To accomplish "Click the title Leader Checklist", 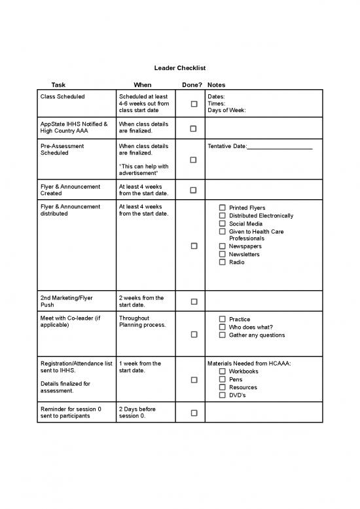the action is click(179, 68).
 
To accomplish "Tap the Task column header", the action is click(58, 85).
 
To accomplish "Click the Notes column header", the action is click(216, 85).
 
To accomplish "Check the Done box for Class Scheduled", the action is click(194, 104).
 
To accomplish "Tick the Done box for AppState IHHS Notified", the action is click(194, 128).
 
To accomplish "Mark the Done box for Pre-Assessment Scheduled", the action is click(194, 160).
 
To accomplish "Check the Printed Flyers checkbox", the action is click(223, 208).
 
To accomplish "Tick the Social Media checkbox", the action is click(223, 223).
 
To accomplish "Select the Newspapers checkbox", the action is click(223, 246).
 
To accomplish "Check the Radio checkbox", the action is click(223, 262).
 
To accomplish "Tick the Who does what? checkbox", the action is click(223, 328).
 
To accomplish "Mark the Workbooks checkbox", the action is click(223, 371).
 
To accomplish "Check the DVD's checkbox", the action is click(223, 395).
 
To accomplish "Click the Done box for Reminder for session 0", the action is click(194, 413).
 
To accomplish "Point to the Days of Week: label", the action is click(226, 111).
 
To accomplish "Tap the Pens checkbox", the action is click(223, 379).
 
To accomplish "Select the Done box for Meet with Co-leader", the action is click(194, 335).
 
